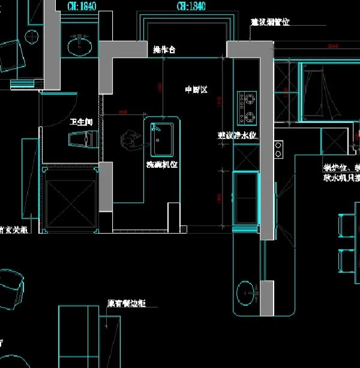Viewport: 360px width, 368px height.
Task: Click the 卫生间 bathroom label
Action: coord(81,122)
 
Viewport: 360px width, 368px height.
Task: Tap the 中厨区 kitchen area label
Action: coord(196,90)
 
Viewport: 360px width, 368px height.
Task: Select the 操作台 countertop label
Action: coord(164,50)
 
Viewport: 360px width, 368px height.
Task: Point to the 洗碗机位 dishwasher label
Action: coord(163,164)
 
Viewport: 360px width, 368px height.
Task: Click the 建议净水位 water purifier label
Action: coord(237,135)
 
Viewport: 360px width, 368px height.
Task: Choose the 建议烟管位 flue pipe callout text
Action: coord(270,22)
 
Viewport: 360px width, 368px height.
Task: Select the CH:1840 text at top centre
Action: coord(191,7)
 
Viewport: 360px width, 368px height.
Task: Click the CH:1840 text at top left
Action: coord(82,7)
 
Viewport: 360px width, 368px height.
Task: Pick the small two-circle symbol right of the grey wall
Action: coord(278,149)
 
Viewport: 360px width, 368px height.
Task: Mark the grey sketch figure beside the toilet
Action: coord(130,140)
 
